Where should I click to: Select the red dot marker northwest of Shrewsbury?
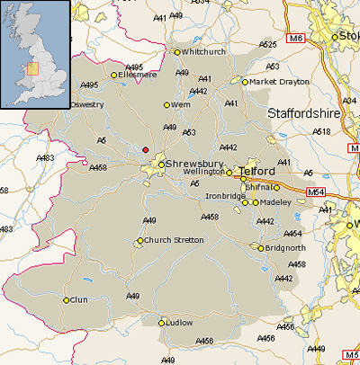146,149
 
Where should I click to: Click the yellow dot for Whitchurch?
176,52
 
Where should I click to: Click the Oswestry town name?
87,104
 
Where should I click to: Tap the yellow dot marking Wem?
166,105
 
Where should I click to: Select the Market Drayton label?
280,81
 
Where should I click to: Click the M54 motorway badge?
314,192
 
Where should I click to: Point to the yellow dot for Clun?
66,300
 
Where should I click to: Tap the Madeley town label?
275,202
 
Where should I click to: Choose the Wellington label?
203,171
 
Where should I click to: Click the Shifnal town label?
258,187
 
